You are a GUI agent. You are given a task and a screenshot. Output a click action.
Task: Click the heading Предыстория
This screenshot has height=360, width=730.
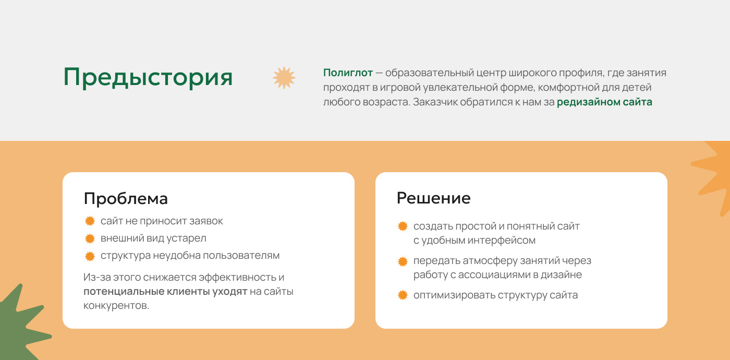click(x=148, y=77)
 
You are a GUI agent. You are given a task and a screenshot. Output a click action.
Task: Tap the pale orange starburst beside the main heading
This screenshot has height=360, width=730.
click(x=284, y=77)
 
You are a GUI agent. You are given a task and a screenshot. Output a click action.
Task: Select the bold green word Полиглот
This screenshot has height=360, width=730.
click(x=348, y=73)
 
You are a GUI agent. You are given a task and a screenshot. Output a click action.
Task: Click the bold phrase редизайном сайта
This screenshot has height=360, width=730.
click(x=604, y=102)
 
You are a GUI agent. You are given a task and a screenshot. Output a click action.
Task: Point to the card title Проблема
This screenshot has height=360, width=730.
click(x=126, y=199)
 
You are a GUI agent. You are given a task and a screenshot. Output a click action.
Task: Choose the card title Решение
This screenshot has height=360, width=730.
click(x=433, y=198)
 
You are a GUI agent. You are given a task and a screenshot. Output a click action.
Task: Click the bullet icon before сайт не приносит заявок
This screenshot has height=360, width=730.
click(x=90, y=221)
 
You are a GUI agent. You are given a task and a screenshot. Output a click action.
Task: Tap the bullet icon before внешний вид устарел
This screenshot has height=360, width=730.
click(x=90, y=238)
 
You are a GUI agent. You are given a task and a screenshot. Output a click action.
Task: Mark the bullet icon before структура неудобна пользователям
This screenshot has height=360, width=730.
click(x=90, y=256)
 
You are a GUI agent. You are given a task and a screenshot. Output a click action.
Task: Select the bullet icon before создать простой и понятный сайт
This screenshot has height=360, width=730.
click(x=403, y=226)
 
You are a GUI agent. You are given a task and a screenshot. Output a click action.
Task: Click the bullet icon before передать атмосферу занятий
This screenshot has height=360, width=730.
click(x=403, y=261)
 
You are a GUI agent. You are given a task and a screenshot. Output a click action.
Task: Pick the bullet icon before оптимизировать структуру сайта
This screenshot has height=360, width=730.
click(x=403, y=295)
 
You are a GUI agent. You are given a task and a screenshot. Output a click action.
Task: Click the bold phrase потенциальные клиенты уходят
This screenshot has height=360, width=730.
click(x=165, y=292)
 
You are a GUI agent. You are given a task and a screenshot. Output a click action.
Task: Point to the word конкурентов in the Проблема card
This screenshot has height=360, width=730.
click(x=116, y=306)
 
